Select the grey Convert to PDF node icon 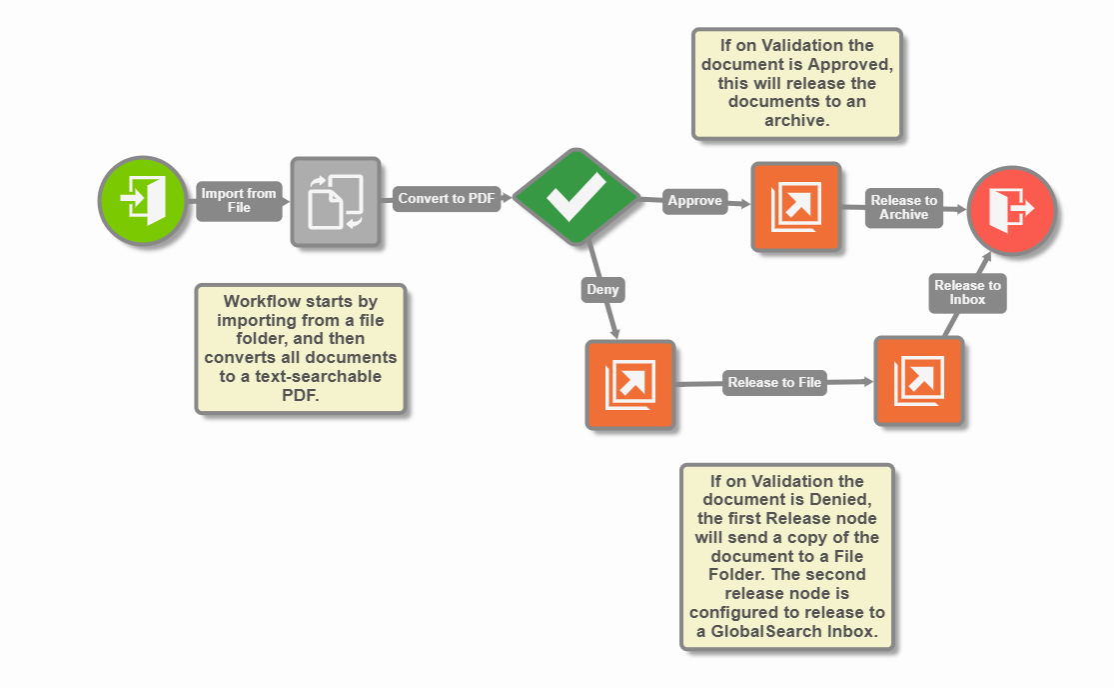pyautogui.click(x=336, y=201)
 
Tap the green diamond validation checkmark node pyautogui.click(x=575, y=197)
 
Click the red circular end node pyautogui.click(x=1011, y=209)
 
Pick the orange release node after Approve pyautogui.click(x=795, y=206)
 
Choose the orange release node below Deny pyautogui.click(x=629, y=384)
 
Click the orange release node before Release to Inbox pyautogui.click(x=918, y=381)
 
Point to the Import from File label pyautogui.click(x=239, y=200)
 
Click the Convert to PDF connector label pyautogui.click(x=446, y=198)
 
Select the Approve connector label pyautogui.click(x=694, y=200)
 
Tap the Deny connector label pyautogui.click(x=602, y=290)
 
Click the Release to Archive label pyautogui.click(x=904, y=207)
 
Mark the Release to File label pyautogui.click(x=774, y=382)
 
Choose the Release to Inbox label pyautogui.click(x=967, y=292)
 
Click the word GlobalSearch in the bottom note pyautogui.click(x=772, y=631)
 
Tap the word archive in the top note pyautogui.click(x=796, y=120)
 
